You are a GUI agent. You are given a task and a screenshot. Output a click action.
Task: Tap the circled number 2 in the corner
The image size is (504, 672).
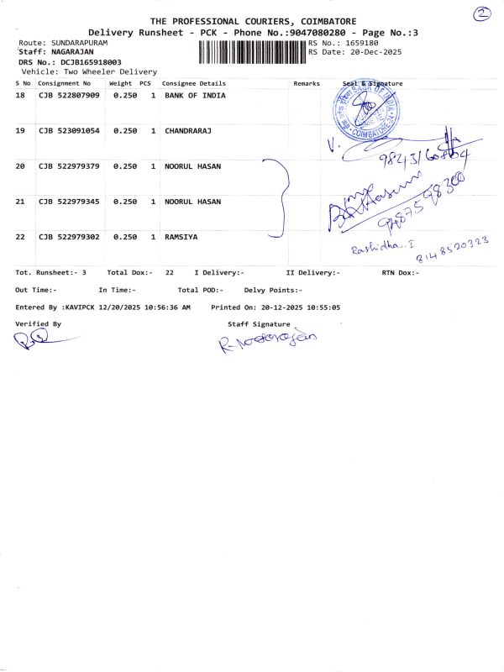point(481,14)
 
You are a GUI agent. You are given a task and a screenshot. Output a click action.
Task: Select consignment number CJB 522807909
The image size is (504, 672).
point(69,97)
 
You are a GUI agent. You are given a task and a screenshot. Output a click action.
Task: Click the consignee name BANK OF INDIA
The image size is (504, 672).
point(195,97)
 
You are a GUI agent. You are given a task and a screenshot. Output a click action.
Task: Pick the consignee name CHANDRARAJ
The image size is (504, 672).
point(188,132)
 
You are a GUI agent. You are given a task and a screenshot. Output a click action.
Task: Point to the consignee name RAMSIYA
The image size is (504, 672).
point(181,238)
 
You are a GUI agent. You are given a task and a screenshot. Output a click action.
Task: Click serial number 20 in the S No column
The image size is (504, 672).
point(21,167)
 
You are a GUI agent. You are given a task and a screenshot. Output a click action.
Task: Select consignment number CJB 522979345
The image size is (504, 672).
point(69,202)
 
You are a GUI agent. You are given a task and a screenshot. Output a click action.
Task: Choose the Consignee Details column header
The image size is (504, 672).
point(194,84)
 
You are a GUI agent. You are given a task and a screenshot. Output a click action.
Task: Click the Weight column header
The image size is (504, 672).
point(120,84)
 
